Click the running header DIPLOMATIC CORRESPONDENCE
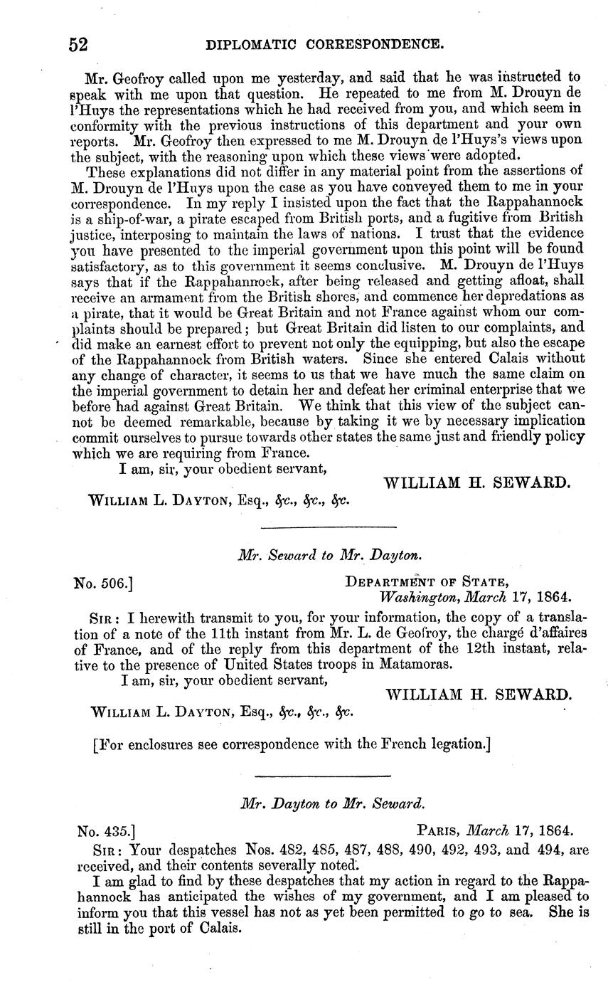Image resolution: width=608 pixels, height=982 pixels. click(324, 46)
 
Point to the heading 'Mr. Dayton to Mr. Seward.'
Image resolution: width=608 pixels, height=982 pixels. click(333, 804)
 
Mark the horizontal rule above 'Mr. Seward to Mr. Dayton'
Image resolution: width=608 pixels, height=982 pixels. click(328, 527)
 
